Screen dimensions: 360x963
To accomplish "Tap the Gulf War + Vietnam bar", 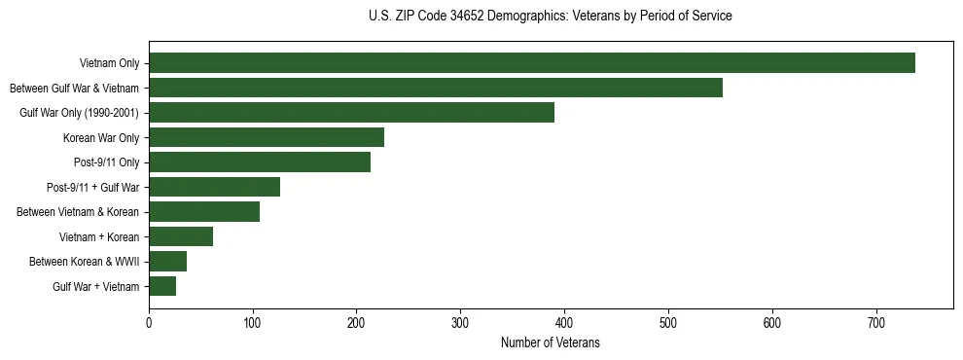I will (162, 286).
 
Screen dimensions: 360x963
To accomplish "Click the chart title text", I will (551, 17).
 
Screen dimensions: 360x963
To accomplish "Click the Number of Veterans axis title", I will (551, 343).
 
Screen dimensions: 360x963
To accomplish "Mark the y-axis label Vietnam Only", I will (110, 64).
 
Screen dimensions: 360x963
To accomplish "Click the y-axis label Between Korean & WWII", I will (85, 262).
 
